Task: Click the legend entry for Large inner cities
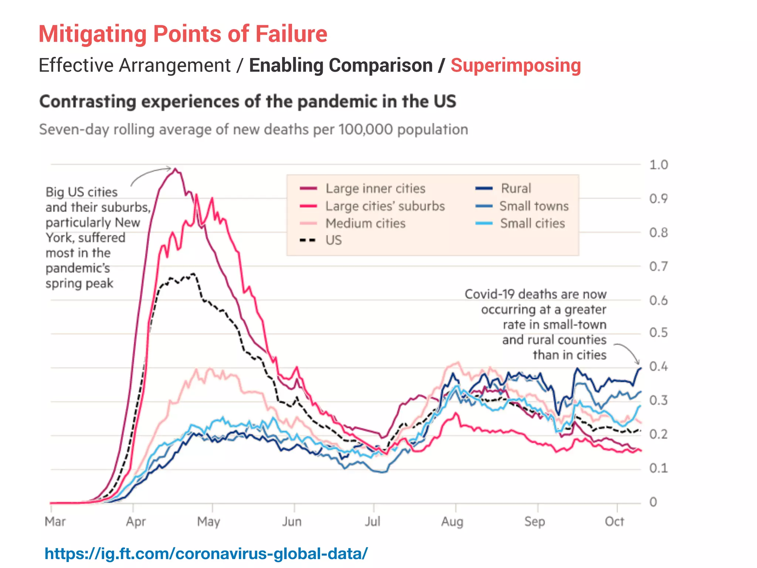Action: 375,189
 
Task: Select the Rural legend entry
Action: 516,188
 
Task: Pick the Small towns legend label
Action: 534,206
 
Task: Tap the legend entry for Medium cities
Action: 365,223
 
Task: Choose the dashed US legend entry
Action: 333,240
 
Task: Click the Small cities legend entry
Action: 532,223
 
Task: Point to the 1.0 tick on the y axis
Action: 658,165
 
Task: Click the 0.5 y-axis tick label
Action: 658,332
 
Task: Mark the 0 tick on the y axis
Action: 653,502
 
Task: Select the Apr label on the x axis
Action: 136,521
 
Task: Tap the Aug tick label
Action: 452,521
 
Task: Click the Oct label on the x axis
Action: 614,521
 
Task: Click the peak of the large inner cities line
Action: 176,169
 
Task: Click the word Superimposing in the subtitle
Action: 516,65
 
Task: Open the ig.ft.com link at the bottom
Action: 206,554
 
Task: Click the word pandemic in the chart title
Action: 336,101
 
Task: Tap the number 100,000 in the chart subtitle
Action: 366,129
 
